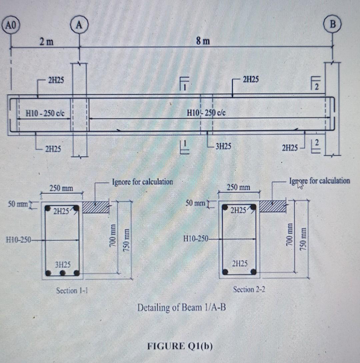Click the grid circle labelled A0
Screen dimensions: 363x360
pos(11,26)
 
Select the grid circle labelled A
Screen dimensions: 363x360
pos(79,25)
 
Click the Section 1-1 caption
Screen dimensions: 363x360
pos(72,291)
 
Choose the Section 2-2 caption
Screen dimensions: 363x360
pos(249,289)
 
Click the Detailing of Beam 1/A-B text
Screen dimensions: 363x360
pos(182,307)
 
